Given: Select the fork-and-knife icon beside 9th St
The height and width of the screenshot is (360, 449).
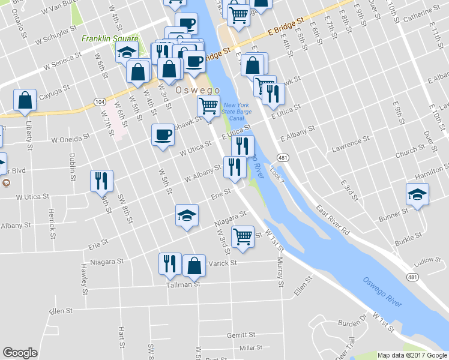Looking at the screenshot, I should tap(101, 180).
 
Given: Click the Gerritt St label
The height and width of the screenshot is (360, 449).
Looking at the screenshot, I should tap(241, 334).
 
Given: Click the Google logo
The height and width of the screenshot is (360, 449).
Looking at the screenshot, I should tap(20, 353).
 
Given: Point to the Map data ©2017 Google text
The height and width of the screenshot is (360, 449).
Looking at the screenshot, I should tap(412, 355).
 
